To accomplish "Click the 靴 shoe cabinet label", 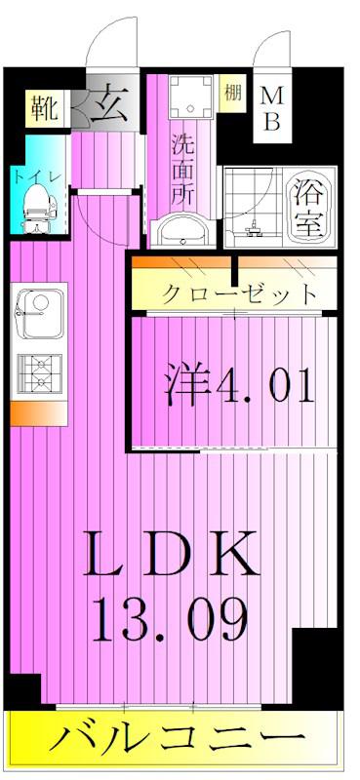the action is pyautogui.click(x=45, y=108).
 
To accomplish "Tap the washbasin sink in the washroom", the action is pyautogui.click(x=183, y=232).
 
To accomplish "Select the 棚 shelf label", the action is pyautogui.click(x=233, y=94).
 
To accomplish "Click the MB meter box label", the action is pyautogui.click(x=272, y=108).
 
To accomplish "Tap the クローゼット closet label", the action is pyautogui.click(x=239, y=295).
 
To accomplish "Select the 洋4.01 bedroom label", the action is pyautogui.click(x=239, y=384).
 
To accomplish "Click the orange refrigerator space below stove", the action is pyautogui.click(x=39, y=413).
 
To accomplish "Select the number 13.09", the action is pyautogui.click(x=170, y=619).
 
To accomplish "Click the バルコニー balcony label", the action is pyautogui.click(x=177, y=741).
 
